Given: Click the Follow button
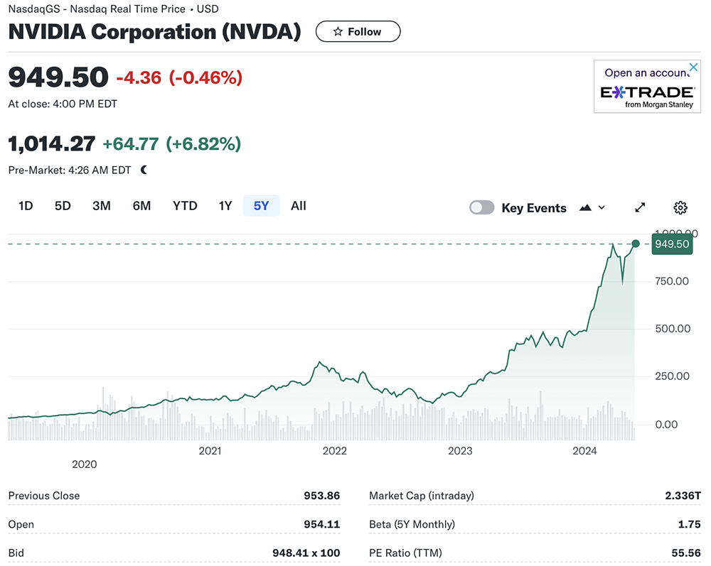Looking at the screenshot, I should [x=358, y=32].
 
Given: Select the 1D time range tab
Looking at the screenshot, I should [x=26, y=206].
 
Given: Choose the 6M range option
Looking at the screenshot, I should [x=141, y=206].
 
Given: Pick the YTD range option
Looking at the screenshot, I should [x=185, y=206].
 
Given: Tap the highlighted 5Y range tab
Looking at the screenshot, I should [x=261, y=206].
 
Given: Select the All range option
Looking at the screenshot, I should [x=299, y=206].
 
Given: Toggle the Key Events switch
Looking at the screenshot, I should [x=481, y=207].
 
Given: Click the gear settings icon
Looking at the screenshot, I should [x=680, y=207].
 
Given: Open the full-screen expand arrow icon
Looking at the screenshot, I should [x=640, y=207].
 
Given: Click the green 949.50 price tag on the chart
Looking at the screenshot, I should [x=672, y=244].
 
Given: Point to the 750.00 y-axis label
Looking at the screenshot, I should [x=672, y=281].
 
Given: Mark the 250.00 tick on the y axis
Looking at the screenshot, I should [x=672, y=376].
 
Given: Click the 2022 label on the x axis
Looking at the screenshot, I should [x=334, y=450].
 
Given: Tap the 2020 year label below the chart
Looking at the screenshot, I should [x=84, y=464].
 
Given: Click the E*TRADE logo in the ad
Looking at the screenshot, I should [x=647, y=93].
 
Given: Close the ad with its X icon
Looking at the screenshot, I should [x=695, y=68].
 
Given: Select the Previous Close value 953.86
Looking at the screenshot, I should [x=321, y=496].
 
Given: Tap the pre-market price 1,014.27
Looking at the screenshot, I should [x=51, y=144].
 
